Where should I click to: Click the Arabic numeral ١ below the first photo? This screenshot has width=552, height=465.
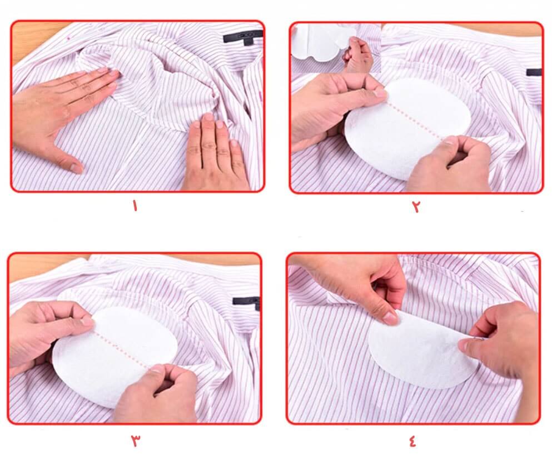pos(135,206)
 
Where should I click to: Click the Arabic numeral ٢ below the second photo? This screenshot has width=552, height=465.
pos(416,206)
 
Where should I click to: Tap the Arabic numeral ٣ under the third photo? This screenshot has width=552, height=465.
pos(136,440)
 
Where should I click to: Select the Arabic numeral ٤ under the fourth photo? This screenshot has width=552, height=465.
pos(412,440)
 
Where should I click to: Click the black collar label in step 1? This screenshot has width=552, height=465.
pos(243,37)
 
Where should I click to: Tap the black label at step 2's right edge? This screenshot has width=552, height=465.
pos(534,72)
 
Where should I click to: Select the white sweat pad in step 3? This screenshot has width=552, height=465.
pos(115,355)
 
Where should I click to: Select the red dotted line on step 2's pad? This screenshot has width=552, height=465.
pos(415,119)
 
